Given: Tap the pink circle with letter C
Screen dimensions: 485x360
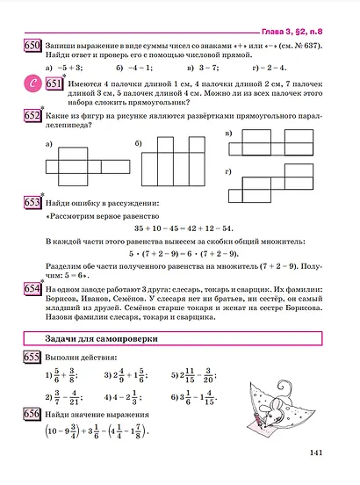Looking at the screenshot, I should tap(32, 83).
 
